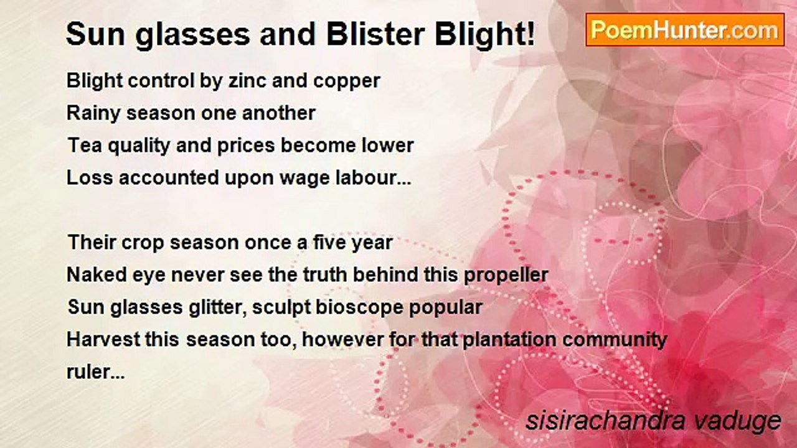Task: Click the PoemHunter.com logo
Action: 685,30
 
